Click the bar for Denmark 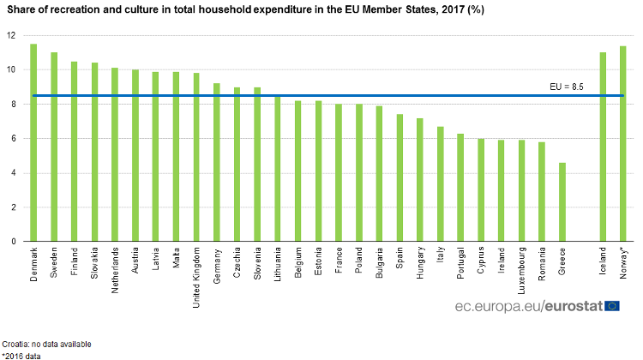tap(33, 142)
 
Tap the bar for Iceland tap(603, 147)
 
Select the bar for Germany tap(217, 162)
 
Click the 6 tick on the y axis tap(13, 139)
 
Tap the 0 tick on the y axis tap(13, 242)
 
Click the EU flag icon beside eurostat tap(612, 306)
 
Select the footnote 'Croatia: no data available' tap(46, 343)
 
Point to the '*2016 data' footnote tap(21, 355)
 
